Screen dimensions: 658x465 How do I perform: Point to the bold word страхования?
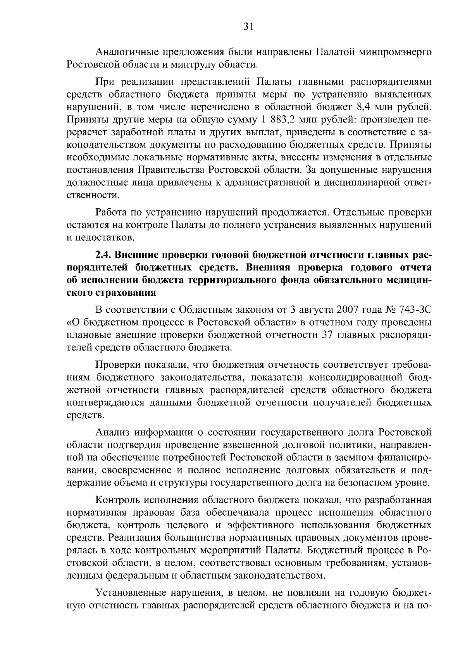click(124, 293)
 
